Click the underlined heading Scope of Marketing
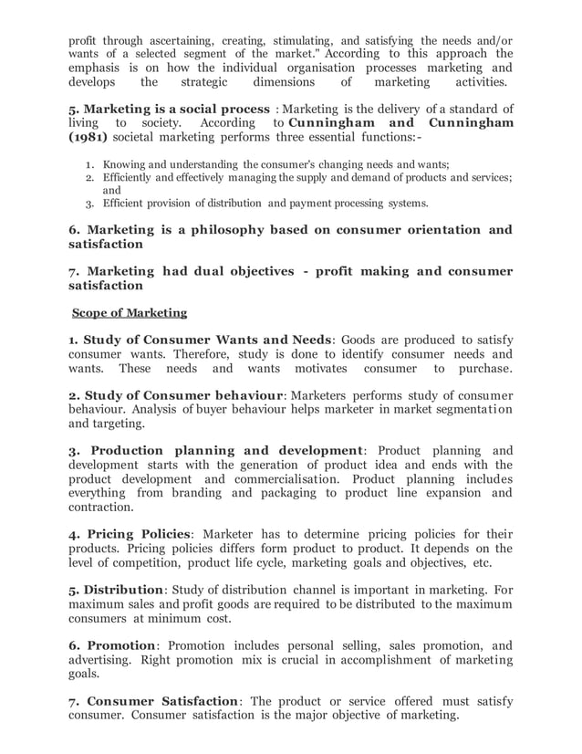pyautogui.click(x=130, y=313)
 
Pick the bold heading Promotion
pyautogui.click(x=116, y=644)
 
